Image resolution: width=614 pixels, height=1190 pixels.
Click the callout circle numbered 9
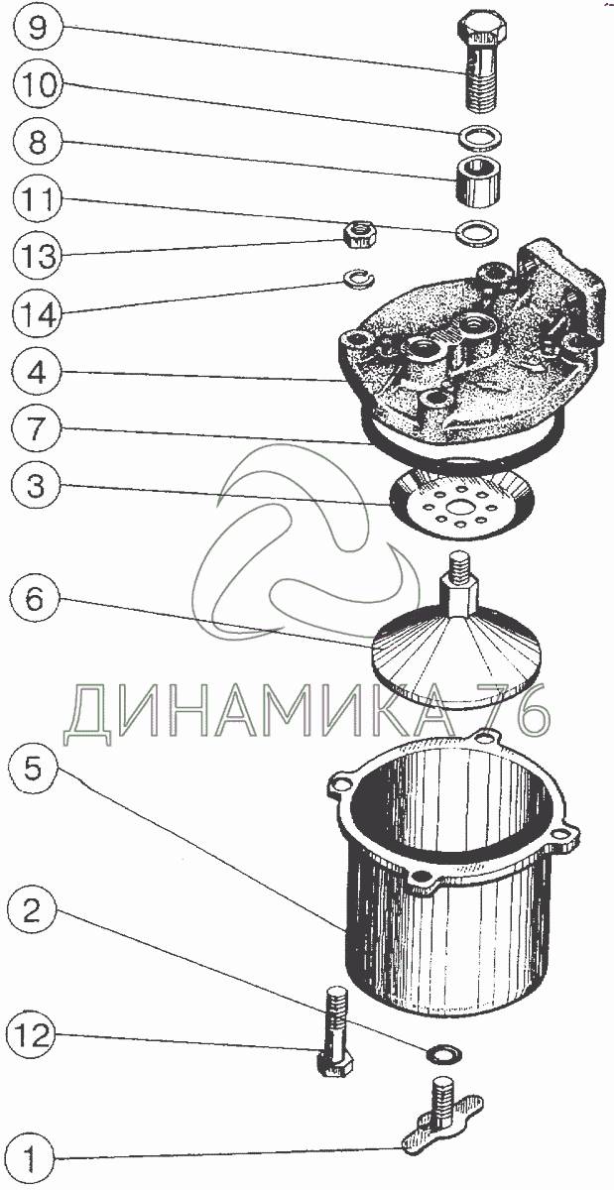tap(37, 27)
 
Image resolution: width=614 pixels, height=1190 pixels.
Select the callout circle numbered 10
tap(37, 84)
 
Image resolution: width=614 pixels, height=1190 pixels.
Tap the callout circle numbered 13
tap(37, 257)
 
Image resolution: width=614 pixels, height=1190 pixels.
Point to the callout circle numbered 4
tap(37, 374)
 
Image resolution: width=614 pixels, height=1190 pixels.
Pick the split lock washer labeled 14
tap(357, 279)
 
